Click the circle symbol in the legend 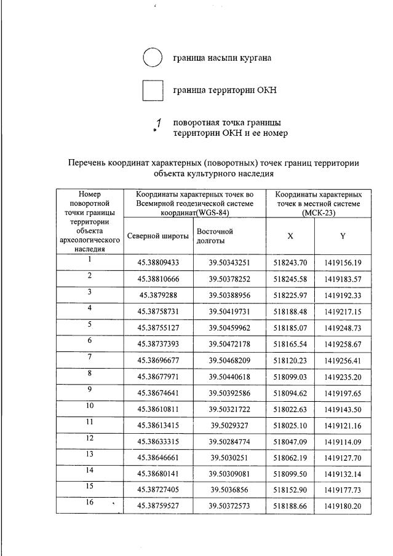click(152, 57)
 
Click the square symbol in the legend click(153, 91)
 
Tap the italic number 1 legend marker click(158, 123)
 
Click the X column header click(290, 236)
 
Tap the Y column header click(343, 236)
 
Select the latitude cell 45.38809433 click(158, 263)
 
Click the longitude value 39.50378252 click(229, 278)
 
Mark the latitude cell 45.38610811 click(158, 408)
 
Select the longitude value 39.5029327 click(229, 424)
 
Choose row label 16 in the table click(90, 503)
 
